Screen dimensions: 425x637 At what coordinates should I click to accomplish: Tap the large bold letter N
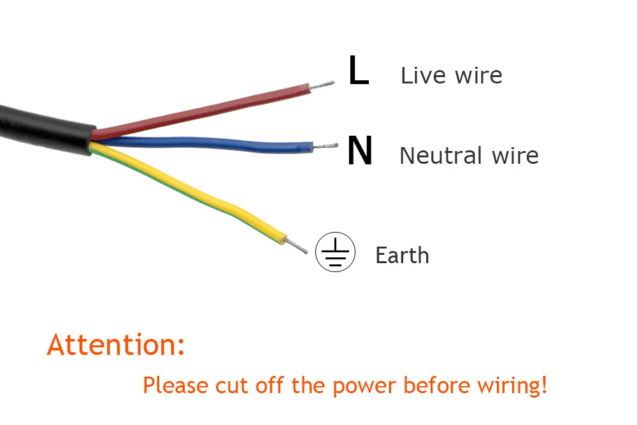click(360, 152)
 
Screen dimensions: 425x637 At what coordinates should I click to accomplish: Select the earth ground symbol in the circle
click(334, 252)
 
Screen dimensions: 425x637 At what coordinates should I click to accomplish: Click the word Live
click(422, 75)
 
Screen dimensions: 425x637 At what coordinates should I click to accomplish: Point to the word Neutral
click(440, 155)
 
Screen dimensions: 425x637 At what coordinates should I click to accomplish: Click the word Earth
click(402, 256)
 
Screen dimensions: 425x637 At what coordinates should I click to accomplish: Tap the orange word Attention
click(116, 345)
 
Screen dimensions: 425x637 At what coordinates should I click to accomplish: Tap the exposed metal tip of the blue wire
click(326, 147)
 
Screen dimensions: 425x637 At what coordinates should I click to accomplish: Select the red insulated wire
click(204, 112)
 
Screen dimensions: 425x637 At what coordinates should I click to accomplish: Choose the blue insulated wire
click(210, 144)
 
